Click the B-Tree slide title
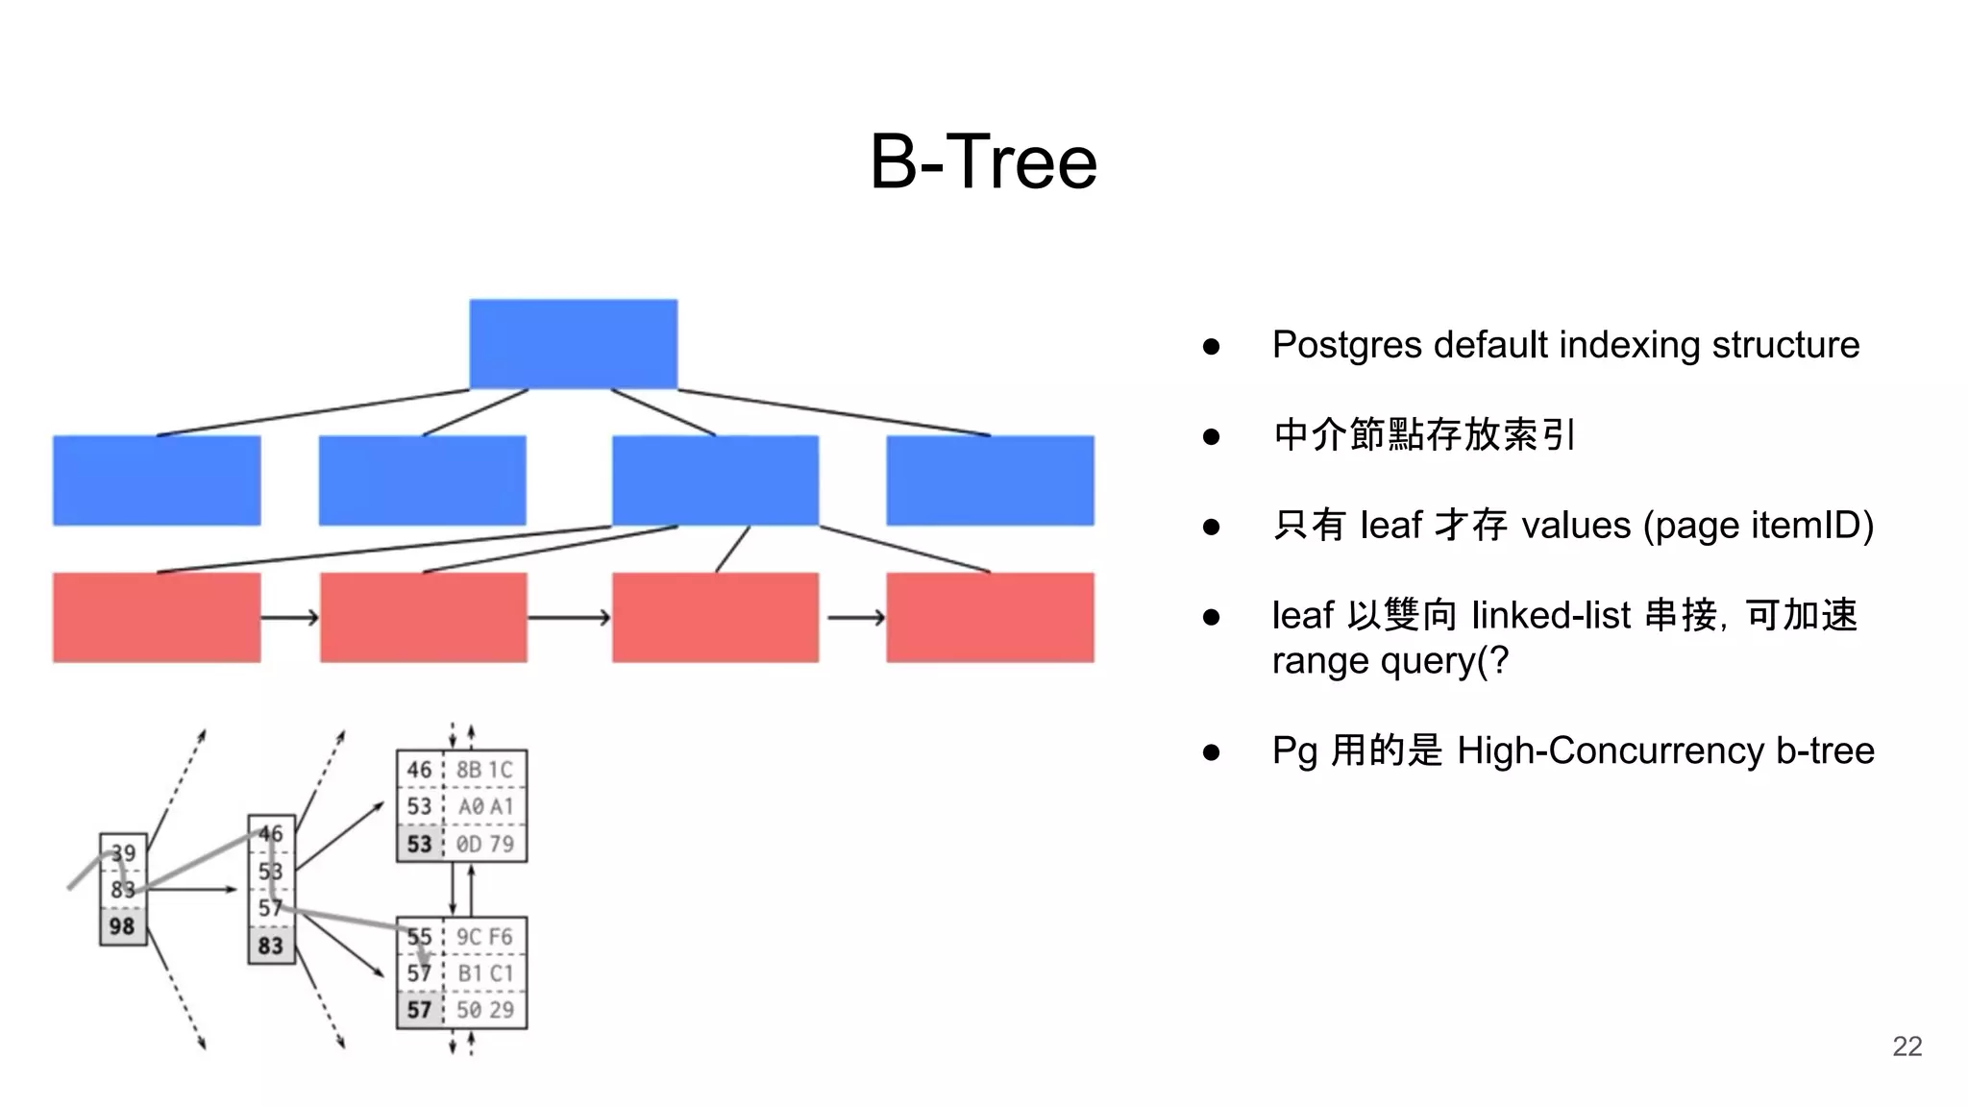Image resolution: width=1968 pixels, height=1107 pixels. point(983,162)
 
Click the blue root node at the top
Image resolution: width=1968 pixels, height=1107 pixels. point(573,344)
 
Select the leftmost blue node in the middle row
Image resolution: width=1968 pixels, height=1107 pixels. point(157,480)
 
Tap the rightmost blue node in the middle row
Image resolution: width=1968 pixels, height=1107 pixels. point(990,480)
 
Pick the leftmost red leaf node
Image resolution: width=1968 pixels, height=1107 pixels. point(157,617)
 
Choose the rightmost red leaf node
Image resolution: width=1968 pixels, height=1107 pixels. point(990,617)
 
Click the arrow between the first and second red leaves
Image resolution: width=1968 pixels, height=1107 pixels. point(289,617)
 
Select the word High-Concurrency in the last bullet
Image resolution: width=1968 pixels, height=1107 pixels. point(1610,750)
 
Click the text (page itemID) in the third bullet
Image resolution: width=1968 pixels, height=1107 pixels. point(1759,526)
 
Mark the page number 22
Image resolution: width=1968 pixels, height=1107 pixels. point(1906,1046)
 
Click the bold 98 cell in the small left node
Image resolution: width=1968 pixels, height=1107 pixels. point(122,926)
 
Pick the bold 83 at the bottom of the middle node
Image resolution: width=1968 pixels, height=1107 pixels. point(271,946)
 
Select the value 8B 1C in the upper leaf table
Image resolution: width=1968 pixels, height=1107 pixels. point(484,770)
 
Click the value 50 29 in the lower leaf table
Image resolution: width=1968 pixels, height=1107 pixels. point(484,1010)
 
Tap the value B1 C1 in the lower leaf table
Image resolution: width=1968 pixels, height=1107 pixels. point(484,973)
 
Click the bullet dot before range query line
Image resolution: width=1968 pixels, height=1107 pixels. point(1211,617)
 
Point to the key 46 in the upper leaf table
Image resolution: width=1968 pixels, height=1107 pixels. point(419,770)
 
